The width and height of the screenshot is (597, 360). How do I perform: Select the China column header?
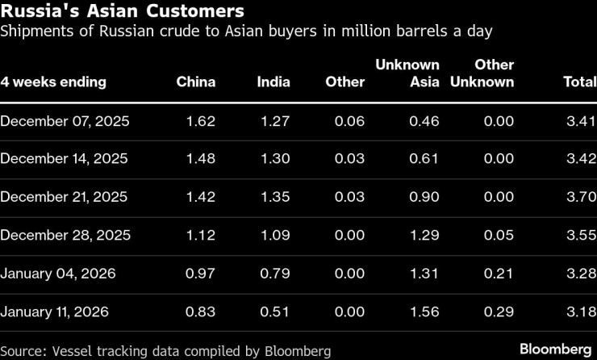(x=196, y=82)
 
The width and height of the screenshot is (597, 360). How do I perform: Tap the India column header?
(x=273, y=82)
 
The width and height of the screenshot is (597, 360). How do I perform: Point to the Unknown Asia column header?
(x=407, y=73)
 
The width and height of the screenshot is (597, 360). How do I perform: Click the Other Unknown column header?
(x=494, y=73)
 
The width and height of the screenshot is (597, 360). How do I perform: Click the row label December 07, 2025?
(x=65, y=121)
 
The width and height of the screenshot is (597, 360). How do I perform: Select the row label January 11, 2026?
(x=54, y=312)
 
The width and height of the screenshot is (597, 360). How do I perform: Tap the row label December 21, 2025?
(x=64, y=197)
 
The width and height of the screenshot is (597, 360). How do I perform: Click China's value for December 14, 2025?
(x=200, y=159)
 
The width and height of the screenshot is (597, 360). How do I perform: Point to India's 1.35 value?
(x=274, y=197)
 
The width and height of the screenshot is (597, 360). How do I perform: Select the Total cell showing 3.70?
(x=581, y=197)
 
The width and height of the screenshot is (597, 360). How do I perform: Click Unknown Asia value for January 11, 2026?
(x=424, y=312)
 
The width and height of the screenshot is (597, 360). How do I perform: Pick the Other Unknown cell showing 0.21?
(x=498, y=274)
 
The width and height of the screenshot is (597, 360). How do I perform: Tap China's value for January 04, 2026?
(x=200, y=274)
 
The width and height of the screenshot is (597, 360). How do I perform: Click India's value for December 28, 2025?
(x=274, y=236)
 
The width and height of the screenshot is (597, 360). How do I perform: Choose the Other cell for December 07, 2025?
(x=349, y=121)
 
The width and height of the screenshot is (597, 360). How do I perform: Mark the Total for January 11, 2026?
(x=581, y=312)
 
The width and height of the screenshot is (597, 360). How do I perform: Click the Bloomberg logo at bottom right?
(x=555, y=349)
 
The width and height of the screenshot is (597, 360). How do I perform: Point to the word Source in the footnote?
(x=23, y=350)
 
